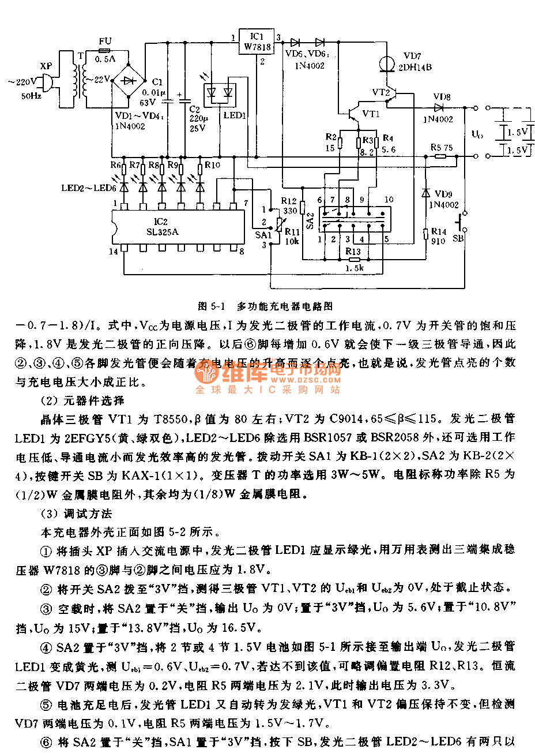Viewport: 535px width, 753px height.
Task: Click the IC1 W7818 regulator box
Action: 257,42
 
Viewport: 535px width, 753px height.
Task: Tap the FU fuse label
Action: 105,41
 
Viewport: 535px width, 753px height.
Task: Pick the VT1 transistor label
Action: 371,114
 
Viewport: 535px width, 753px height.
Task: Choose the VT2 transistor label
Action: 381,92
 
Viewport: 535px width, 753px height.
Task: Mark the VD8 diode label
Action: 442,97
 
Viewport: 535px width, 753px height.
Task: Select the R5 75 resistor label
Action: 442,148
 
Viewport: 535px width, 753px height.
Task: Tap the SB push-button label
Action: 458,238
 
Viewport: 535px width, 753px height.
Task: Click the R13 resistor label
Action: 353,252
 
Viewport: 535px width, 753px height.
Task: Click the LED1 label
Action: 235,115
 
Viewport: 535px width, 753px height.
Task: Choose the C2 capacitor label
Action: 194,109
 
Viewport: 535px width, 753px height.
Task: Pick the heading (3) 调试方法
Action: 76,513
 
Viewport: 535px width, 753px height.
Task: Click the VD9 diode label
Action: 443,194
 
